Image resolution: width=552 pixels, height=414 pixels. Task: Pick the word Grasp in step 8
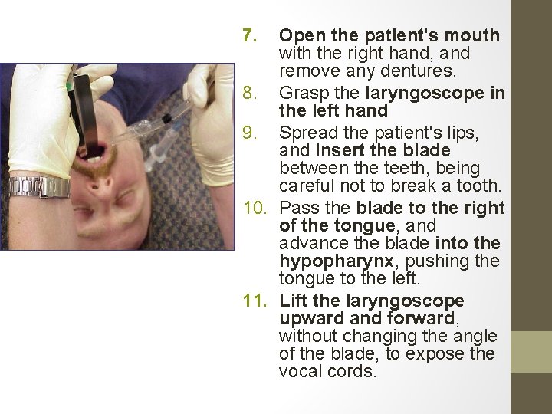(301, 94)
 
